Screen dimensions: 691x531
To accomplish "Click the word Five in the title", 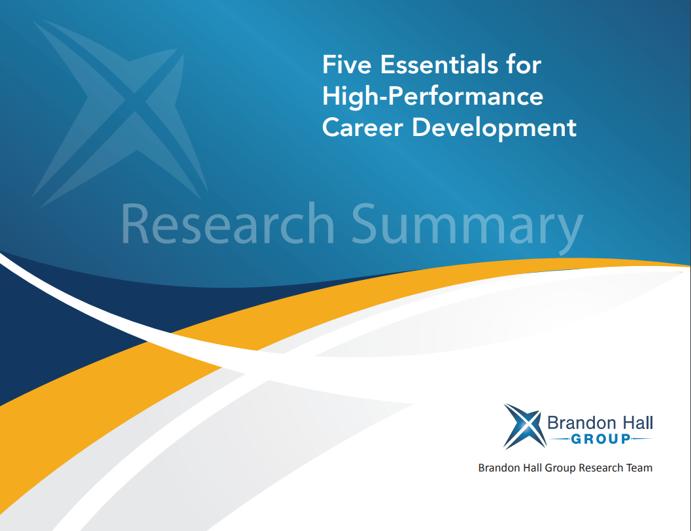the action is (x=347, y=64).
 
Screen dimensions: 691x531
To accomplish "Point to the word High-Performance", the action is (x=433, y=97).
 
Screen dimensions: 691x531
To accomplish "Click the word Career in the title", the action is (x=363, y=128).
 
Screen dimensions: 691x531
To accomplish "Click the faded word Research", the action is (x=228, y=224).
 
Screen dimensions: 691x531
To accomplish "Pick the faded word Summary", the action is (x=467, y=228).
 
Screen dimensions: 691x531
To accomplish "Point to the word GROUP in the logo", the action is (x=601, y=439).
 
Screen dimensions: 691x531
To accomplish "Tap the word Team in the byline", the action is (x=639, y=468).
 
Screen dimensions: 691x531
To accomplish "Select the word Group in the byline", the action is (x=560, y=468).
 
